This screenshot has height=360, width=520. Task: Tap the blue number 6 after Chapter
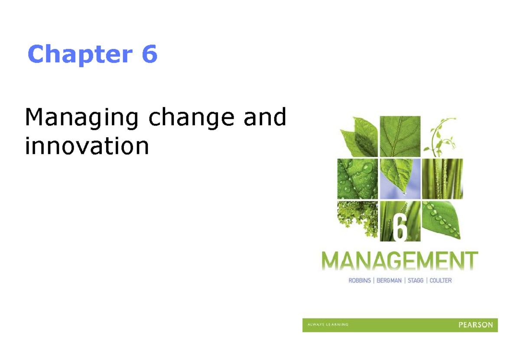click(149, 55)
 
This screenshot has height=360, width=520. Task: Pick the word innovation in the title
click(87, 146)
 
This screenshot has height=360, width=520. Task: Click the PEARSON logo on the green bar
click(475, 325)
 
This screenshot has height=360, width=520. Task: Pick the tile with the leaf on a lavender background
click(400, 178)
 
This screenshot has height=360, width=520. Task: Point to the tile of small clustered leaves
click(357, 220)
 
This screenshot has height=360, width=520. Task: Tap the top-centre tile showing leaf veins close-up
click(400, 136)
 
